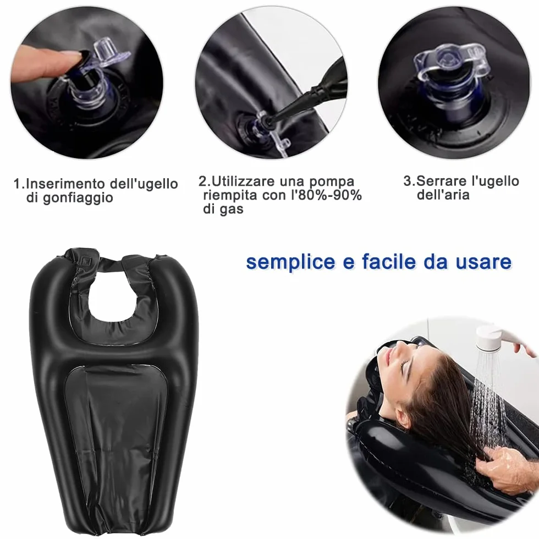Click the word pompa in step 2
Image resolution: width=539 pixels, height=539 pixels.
click(x=331, y=182)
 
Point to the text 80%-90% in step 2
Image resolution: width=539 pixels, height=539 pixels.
click(x=330, y=195)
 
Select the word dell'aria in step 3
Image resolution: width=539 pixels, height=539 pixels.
click(x=443, y=195)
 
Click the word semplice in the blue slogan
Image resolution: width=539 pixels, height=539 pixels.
click(x=290, y=262)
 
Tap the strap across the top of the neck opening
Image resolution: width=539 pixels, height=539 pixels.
click(x=110, y=263)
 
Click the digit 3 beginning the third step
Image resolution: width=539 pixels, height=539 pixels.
click(x=408, y=181)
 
